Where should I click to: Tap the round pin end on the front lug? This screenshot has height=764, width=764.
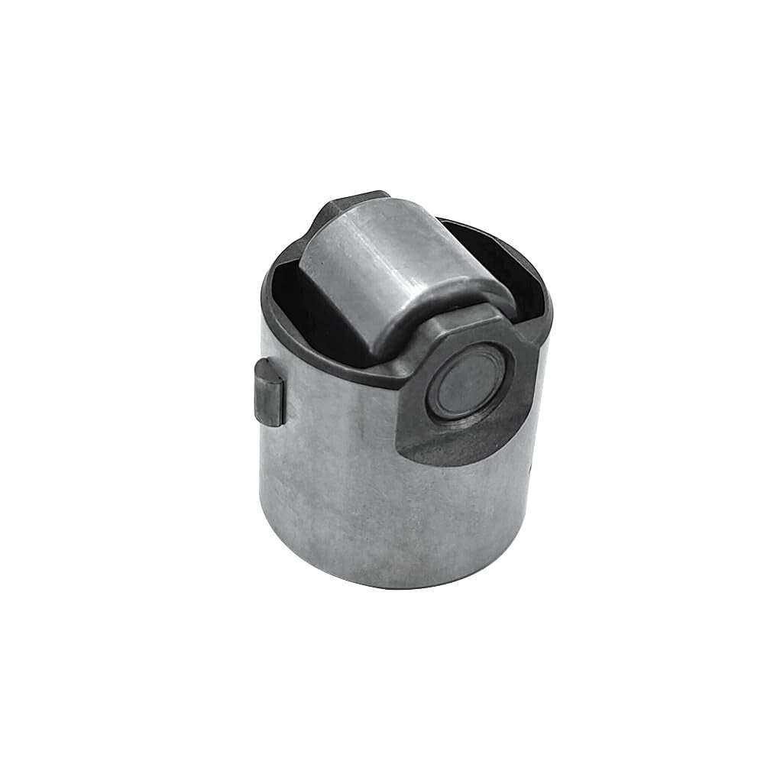pos(468,380)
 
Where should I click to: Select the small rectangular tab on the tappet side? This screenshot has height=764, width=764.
pos(269,392)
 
